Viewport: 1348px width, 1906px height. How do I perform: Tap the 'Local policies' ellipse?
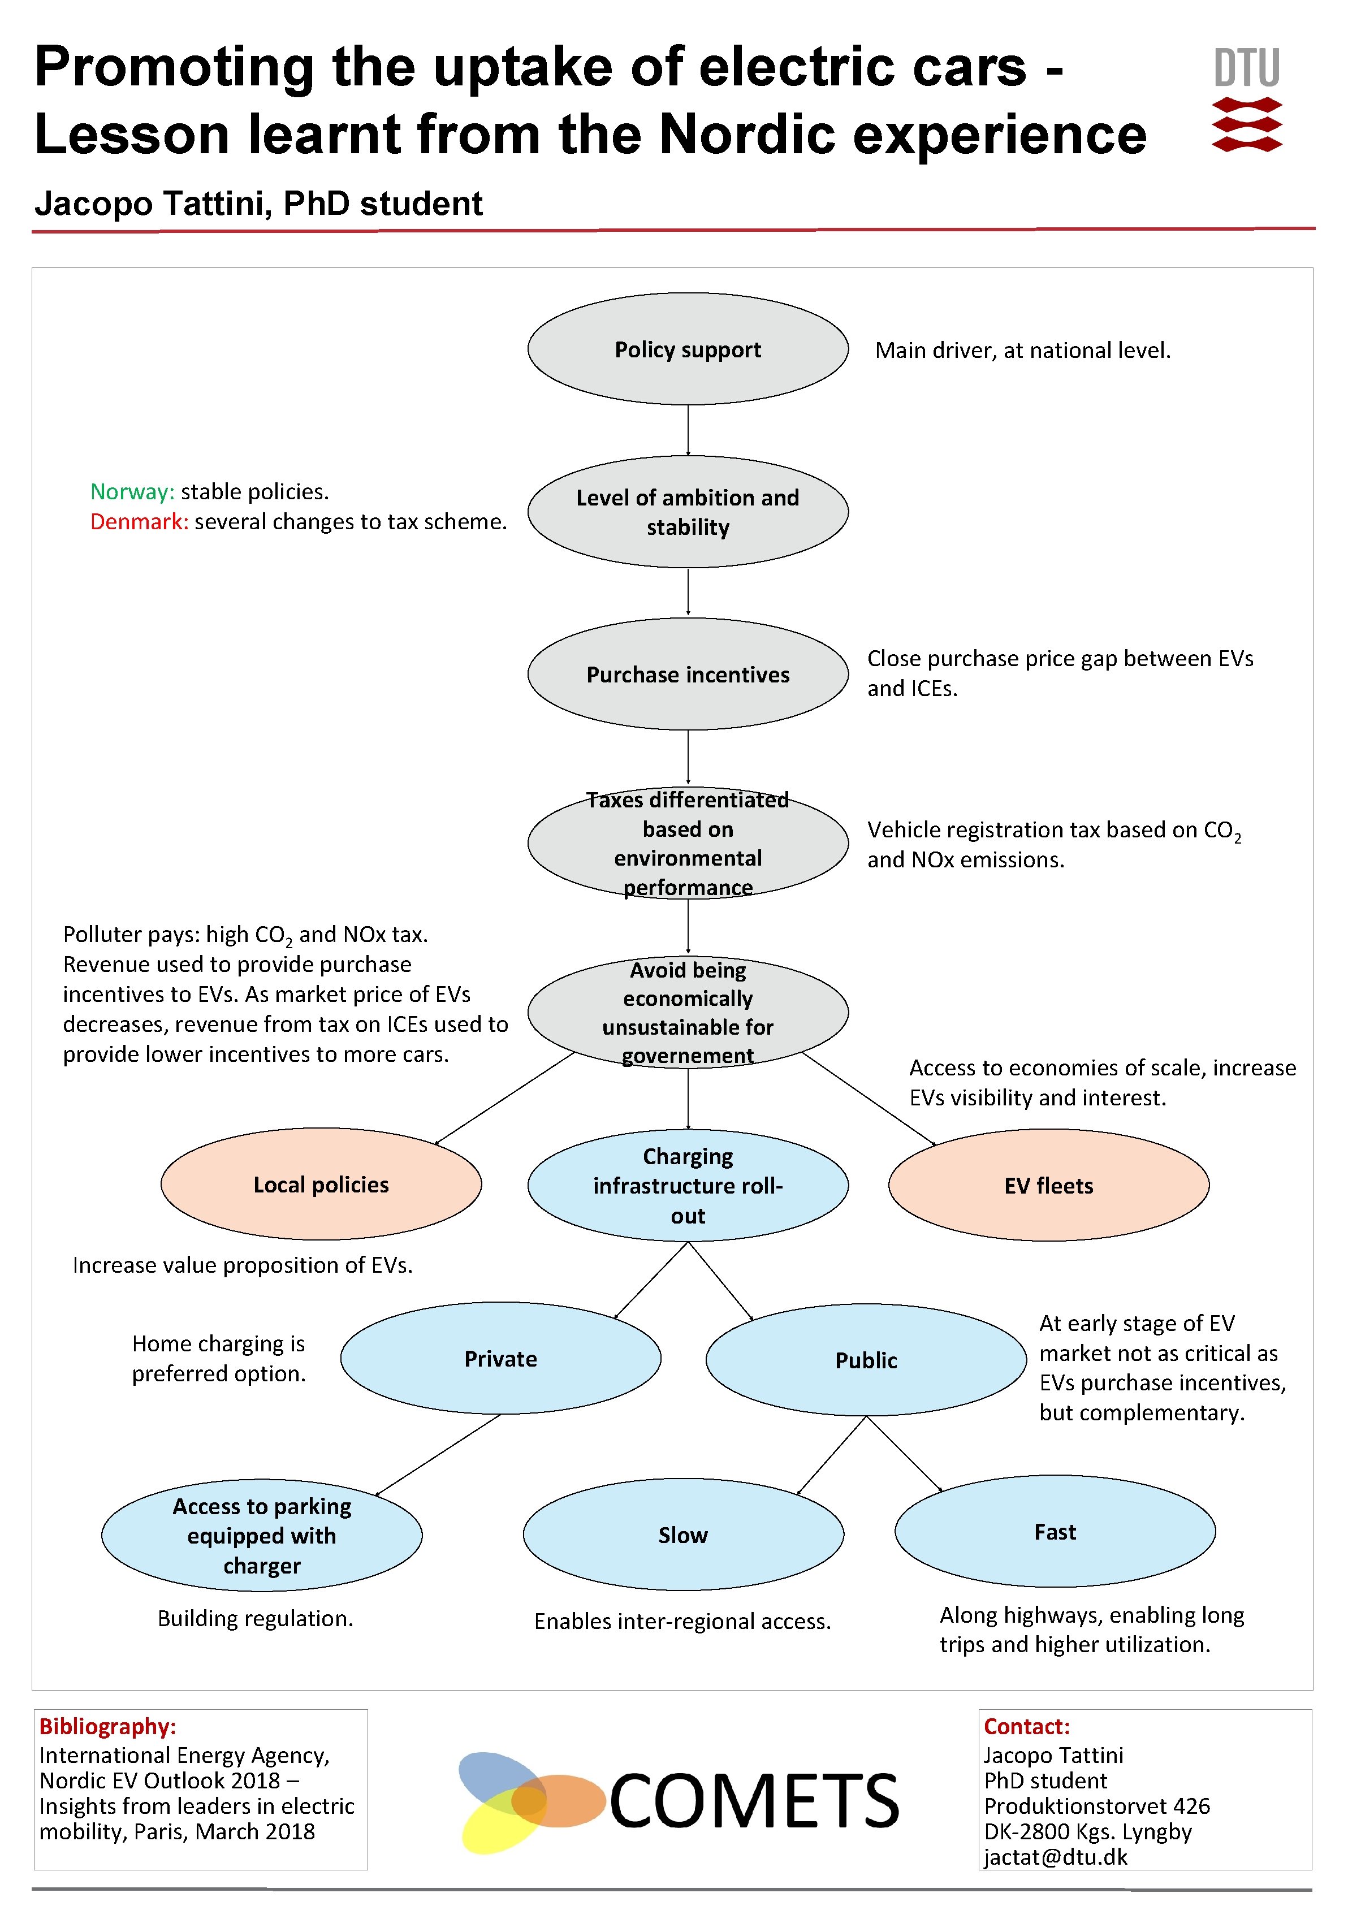321,1184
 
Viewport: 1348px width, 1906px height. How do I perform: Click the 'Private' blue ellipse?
500,1358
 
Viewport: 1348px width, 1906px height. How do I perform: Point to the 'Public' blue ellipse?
866,1360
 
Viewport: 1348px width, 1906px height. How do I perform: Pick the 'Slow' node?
683,1534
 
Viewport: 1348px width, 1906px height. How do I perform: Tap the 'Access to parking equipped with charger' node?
261,1535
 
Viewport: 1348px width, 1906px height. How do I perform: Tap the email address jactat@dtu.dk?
1056,1858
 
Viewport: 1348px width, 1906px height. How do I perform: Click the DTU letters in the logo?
1247,67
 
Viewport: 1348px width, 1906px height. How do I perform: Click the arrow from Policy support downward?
688,430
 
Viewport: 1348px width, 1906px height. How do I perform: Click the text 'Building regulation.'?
256,1618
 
